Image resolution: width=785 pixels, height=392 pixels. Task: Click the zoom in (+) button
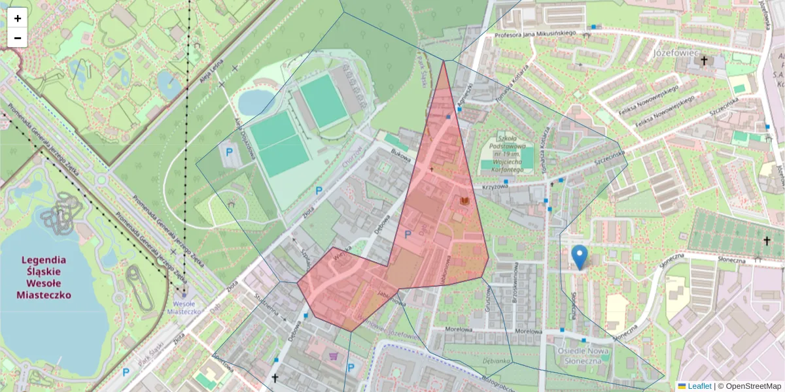click(x=18, y=18)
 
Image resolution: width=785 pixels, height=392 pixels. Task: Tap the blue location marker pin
click(x=579, y=256)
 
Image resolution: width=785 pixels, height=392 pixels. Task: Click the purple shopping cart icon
click(x=334, y=356)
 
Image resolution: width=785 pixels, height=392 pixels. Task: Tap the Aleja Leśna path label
click(x=209, y=74)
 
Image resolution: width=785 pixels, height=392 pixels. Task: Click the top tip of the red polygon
click(x=444, y=62)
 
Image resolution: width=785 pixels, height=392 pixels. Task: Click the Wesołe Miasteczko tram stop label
click(x=183, y=307)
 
